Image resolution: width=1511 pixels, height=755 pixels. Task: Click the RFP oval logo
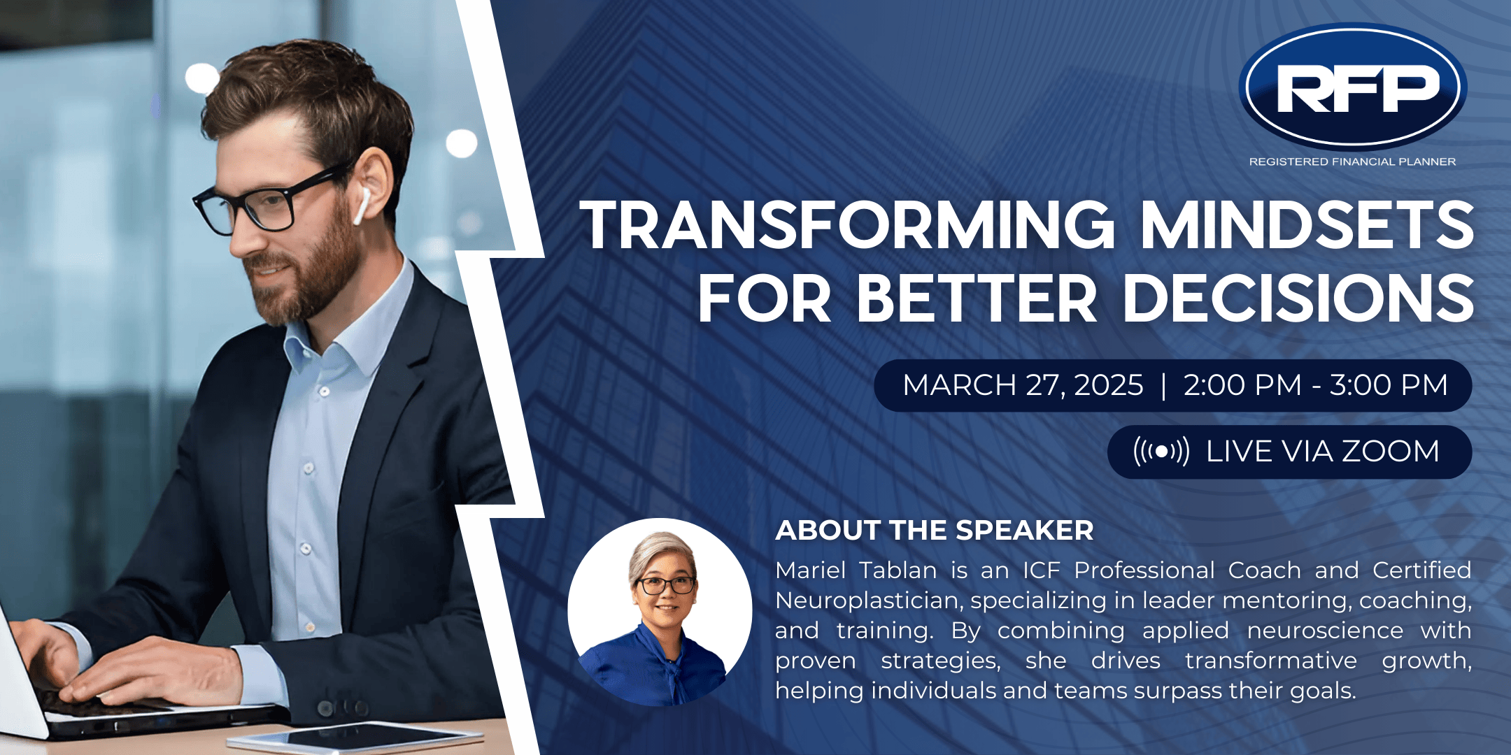[x=1353, y=87]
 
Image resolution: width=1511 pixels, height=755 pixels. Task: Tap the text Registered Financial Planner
[x=1352, y=161]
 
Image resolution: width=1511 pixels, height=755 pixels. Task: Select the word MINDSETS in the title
[x=1307, y=224]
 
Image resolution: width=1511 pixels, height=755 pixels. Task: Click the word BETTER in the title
[x=977, y=298]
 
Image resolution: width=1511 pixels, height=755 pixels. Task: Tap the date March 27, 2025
[x=1023, y=385]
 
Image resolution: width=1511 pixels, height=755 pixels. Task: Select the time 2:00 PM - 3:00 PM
[x=1315, y=385]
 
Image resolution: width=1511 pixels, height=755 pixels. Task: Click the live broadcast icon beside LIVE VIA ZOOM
[x=1161, y=452]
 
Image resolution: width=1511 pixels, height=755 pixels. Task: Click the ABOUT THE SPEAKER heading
[x=934, y=531]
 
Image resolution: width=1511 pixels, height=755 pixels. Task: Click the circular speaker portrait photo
[x=660, y=612]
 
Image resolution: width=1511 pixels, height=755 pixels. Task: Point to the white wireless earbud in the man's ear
[x=362, y=206]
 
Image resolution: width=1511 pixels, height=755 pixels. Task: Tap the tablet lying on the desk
[x=356, y=738]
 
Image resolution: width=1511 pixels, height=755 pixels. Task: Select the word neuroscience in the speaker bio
[x=1325, y=631]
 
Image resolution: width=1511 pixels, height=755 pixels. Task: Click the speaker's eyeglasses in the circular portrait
[x=665, y=585]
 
